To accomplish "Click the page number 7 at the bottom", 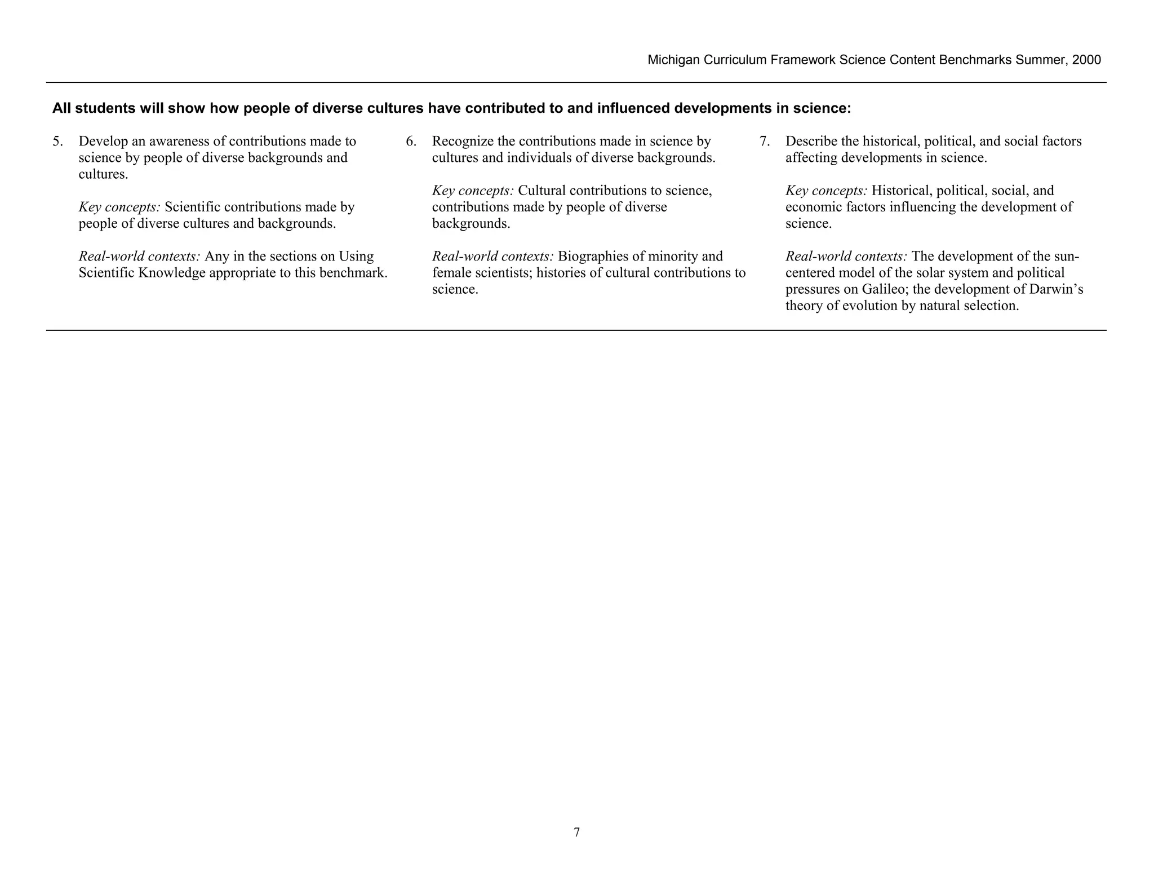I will click(576, 832).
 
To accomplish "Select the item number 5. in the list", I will click(57, 142).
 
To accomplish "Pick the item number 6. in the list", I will click(411, 142).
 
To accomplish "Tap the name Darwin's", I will click(1057, 290).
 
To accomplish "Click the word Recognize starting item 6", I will click(463, 142).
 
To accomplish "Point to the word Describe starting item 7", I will click(811, 142).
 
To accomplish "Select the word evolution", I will click(855, 306).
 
